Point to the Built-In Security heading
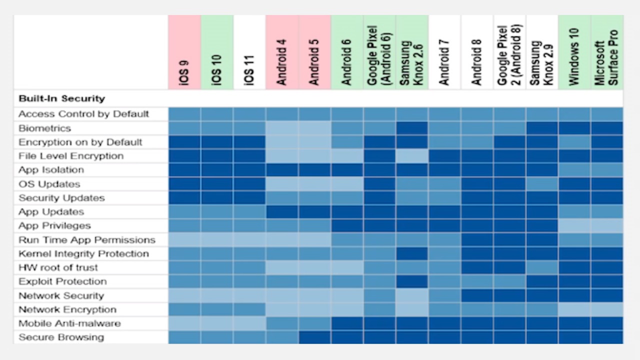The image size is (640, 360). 61,98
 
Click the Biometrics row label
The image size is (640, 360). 44,128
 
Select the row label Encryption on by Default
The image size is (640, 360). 80,142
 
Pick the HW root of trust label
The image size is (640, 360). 58,267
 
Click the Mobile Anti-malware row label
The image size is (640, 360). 69,323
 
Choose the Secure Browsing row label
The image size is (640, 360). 61,337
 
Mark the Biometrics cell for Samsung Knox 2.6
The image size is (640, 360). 412,128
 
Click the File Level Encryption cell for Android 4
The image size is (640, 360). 282,156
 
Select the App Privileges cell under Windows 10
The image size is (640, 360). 574,225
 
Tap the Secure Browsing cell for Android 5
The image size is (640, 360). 314,337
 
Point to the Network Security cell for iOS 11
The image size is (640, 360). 249,295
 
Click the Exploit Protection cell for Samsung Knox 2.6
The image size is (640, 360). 412,281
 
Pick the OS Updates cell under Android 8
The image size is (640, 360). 477,184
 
